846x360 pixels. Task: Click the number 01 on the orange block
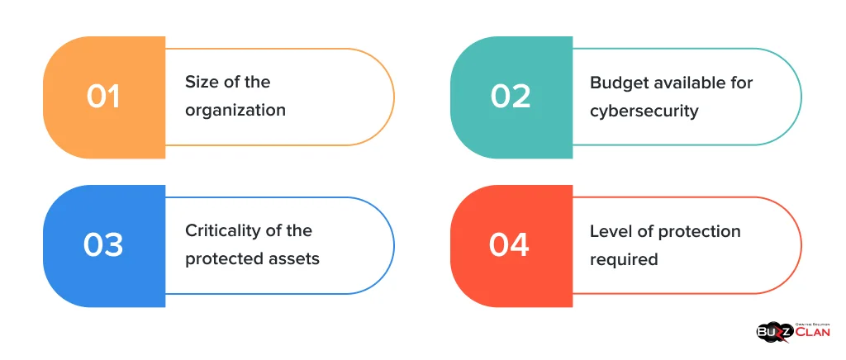pyautogui.click(x=103, y=97)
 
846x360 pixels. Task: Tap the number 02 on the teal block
pyautogui.click(x=511, y=97)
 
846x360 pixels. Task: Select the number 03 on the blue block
pyautogui.click(x=103, y=245)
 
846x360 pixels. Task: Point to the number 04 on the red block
pyautogui.click(x=509, y=245)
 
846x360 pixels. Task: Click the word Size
pyautogui.click(x=202, y=82)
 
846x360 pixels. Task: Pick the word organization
pyautogui.click(x=235, y=111)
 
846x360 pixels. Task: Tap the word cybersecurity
pyautogui.click(x=644, y=111)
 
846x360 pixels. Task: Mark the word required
pyautogui.click(x=624, y=260)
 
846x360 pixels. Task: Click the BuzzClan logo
pyautogui.click(x=793, y=331)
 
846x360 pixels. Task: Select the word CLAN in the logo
pyautogui.click(x=813, y=332)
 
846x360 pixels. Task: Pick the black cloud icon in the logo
pyautogui.click(x=775, y=332)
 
